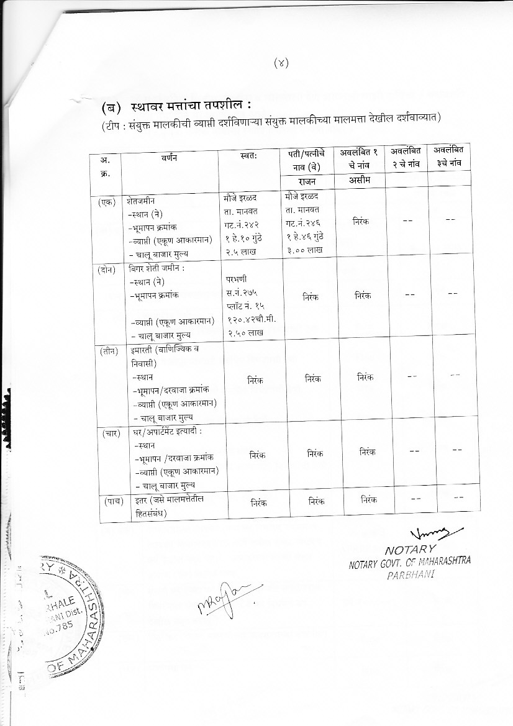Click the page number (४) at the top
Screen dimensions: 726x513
pyautogui.click(x=281, y=62)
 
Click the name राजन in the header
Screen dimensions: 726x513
pyautogui.click(x=306, y=181)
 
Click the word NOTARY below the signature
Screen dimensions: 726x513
pyautogui.click(x=411, y=550)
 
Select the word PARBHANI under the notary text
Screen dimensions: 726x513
pyautogui.click(x=409, y=574)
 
